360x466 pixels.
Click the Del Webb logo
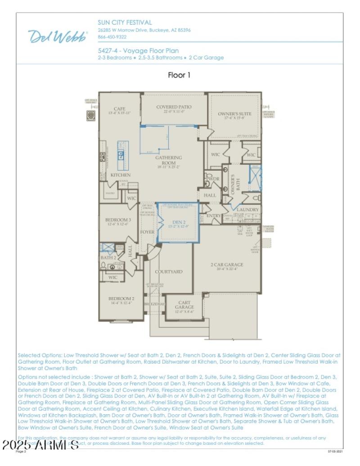58,36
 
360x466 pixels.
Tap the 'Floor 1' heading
179,75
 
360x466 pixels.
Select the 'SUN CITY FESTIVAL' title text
125,22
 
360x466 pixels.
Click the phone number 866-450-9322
112,37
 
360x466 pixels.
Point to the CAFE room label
119,109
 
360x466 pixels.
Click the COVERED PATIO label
174,107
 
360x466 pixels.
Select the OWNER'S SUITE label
234,114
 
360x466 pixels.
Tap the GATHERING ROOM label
169,160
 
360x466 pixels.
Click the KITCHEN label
121,175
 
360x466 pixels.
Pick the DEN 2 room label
178,222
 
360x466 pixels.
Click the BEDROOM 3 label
117,220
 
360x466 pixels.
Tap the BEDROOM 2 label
121,299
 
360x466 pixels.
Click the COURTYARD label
169,272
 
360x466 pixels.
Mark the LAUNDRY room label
248,210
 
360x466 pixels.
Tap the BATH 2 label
108,258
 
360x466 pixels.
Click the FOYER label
148,232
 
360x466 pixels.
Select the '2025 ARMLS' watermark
40,446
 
